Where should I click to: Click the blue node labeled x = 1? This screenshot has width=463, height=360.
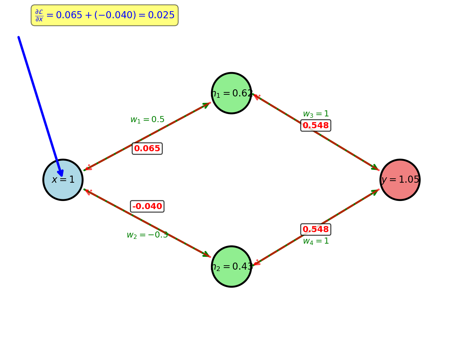[x=63, y=180]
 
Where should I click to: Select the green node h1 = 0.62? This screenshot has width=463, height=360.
[x=231, y=93]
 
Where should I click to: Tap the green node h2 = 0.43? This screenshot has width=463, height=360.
[x=231, y=266]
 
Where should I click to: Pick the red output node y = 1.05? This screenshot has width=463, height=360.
[x=400, y=180]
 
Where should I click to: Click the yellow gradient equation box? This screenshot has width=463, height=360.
[x=105, y=15]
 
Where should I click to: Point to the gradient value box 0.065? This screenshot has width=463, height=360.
[x=147, y=149]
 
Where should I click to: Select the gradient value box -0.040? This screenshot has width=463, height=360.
[x=147, y=206]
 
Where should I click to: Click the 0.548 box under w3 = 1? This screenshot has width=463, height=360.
[x=316, y=126]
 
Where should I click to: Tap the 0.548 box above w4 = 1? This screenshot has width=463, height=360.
[x=316, y=229]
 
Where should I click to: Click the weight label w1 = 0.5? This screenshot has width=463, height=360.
[x=147, y=120]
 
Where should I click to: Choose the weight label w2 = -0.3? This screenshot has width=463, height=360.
[x=147, y=235]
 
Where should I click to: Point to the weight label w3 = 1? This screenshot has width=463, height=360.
[x=316, y=114]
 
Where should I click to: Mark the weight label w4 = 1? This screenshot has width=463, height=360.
[x=316, y=241]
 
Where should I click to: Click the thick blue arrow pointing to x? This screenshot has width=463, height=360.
[x=40, y=105]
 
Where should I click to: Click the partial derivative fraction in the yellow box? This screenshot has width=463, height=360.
[x=39, y=16]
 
